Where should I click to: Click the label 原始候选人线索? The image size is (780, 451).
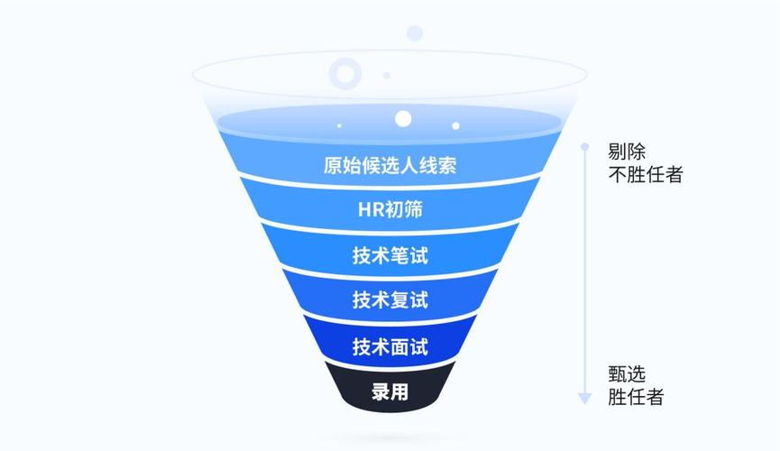[x=390, y=166]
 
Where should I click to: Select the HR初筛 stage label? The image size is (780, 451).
[x=390, y=211]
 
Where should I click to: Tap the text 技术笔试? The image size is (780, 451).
[x=390, y=255]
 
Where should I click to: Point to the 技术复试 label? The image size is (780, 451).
[x=390, y=299]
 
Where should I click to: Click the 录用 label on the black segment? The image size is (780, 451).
[x=390, y=392]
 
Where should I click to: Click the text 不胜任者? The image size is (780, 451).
[x=645, y=174]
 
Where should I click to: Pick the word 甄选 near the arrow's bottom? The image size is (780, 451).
[x=627, y=373]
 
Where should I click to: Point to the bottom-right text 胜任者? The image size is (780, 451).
[x=636, y=396]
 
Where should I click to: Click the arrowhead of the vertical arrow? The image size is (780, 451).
[x=584, y=397]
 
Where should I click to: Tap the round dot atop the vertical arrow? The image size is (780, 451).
[x=584, y=146]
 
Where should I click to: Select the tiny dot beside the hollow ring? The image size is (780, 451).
[x=386, y=75]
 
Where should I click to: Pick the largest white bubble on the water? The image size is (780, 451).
[x=403, y=118]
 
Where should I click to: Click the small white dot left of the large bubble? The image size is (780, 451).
[x=339, y=125]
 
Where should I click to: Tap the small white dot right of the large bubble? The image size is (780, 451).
[x=455, y=125]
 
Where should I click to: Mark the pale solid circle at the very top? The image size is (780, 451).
[x=414, y=33]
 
